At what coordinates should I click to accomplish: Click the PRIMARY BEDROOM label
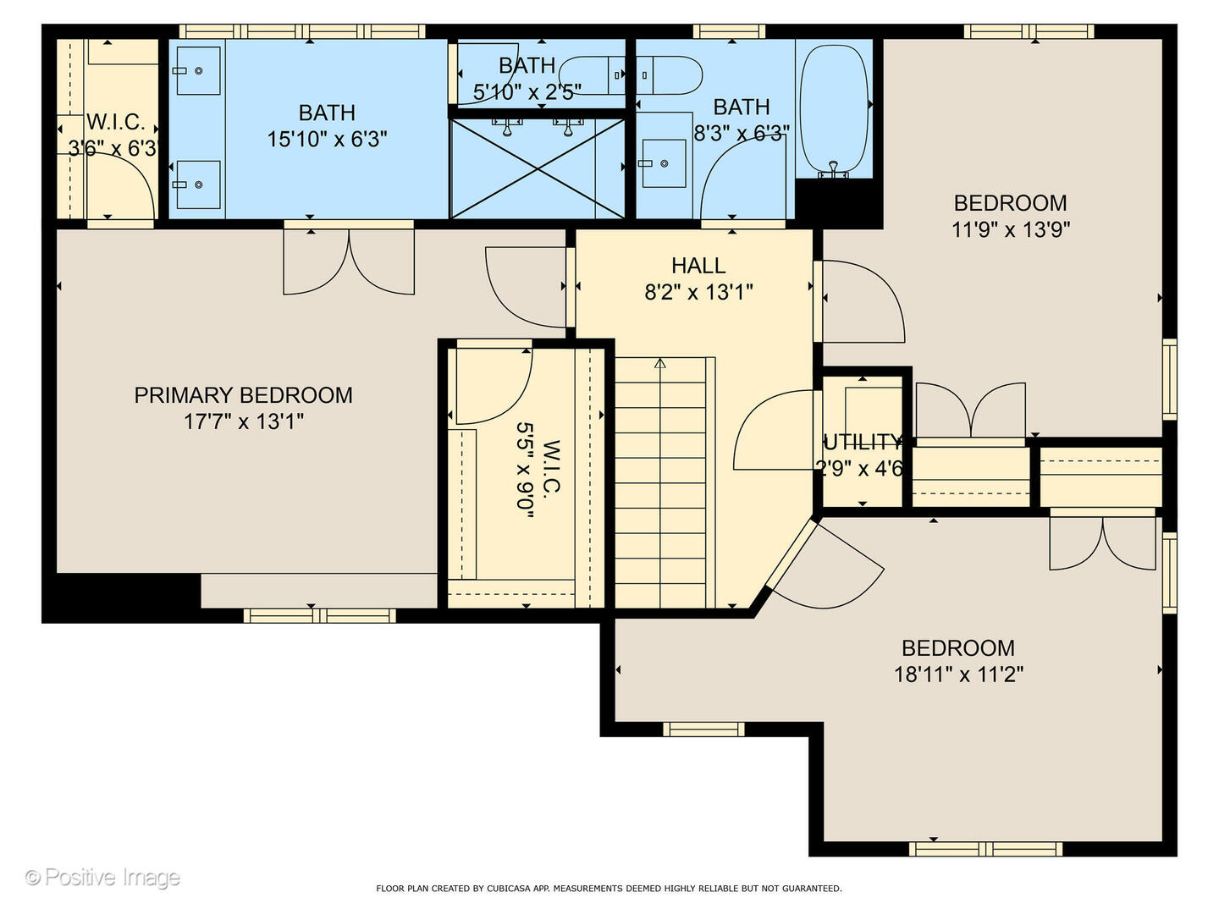[243, 395]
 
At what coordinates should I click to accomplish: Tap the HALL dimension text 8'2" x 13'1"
[698, 293]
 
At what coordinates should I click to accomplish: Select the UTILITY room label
[862, 443]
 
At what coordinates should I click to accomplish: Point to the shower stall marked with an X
[538, 168]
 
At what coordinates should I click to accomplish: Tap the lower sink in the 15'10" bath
[197, 184]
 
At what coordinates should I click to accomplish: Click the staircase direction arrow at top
[660, 364]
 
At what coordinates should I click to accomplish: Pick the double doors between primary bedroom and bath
[349, 262]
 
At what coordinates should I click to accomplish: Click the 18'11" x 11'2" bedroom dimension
[958, 674]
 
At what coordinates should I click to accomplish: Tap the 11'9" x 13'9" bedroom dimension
[1011, 229]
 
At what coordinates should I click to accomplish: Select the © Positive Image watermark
[102, 878]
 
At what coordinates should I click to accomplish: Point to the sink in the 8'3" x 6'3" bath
[664, 162]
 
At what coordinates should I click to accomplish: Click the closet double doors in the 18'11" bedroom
[1102, 543]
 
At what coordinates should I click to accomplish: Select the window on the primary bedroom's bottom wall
[319, 615]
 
